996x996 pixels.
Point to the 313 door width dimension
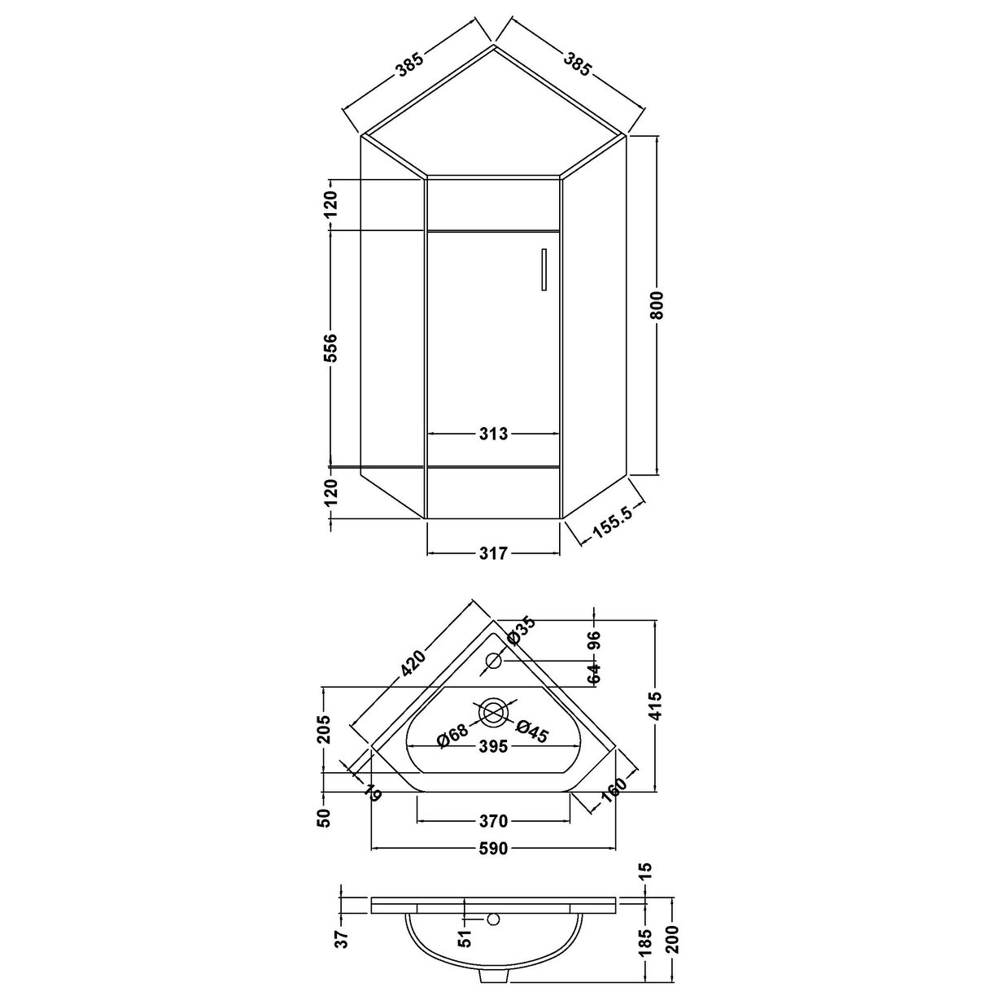(x=494, y=434)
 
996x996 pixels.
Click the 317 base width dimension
(x=494, y=553)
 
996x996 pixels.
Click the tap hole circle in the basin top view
(x=494, y=661)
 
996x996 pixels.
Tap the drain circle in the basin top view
(x=494, y=713)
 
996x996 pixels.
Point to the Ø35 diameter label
(x=522, y=631)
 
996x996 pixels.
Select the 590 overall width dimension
(x=494, y=850)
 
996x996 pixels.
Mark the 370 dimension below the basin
(x=494, y=820)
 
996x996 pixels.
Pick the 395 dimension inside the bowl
(x=494, y=746)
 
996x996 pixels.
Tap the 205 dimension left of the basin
(x=324, y=731)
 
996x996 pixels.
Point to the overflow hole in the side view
(x=491, y=920)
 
